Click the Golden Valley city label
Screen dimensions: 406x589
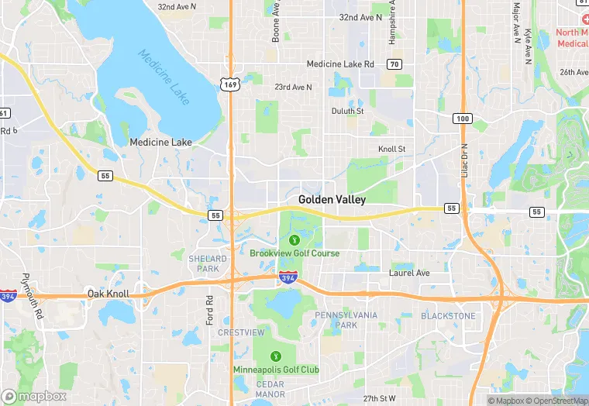point(332,199)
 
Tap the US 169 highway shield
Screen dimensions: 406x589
point(229,84)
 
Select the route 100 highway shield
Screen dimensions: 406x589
point(463,118)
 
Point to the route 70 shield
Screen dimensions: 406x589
point(395,64)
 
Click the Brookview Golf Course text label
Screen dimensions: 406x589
point(294,253)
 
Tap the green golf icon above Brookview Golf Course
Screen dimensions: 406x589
point(294,239)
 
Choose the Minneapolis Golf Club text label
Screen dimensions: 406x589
point(276,370)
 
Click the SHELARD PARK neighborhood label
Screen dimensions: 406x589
point(208,263)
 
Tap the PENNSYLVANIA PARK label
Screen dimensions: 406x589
point(346,320)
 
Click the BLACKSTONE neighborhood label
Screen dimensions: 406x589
point(448,316)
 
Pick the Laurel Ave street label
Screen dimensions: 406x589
point(408,273)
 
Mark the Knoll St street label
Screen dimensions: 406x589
point(391,149)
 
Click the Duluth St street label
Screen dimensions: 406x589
point(348,111)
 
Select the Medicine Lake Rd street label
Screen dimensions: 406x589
point(340,64)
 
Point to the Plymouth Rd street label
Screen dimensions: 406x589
point(30,287)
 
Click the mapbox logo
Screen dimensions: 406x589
point(34,396)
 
